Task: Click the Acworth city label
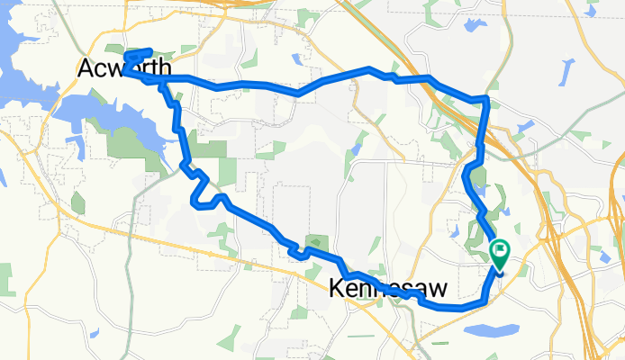click(x=124, y=68)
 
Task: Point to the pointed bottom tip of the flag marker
click(x=498, y=267)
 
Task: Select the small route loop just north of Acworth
click(x=138, y=57)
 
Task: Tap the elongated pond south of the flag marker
click(x=491, y=330)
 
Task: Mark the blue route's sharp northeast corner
click(x=486, y=97)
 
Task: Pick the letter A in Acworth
click(x=87, y=68)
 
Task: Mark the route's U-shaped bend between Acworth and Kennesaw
click(x=207, y=200)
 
